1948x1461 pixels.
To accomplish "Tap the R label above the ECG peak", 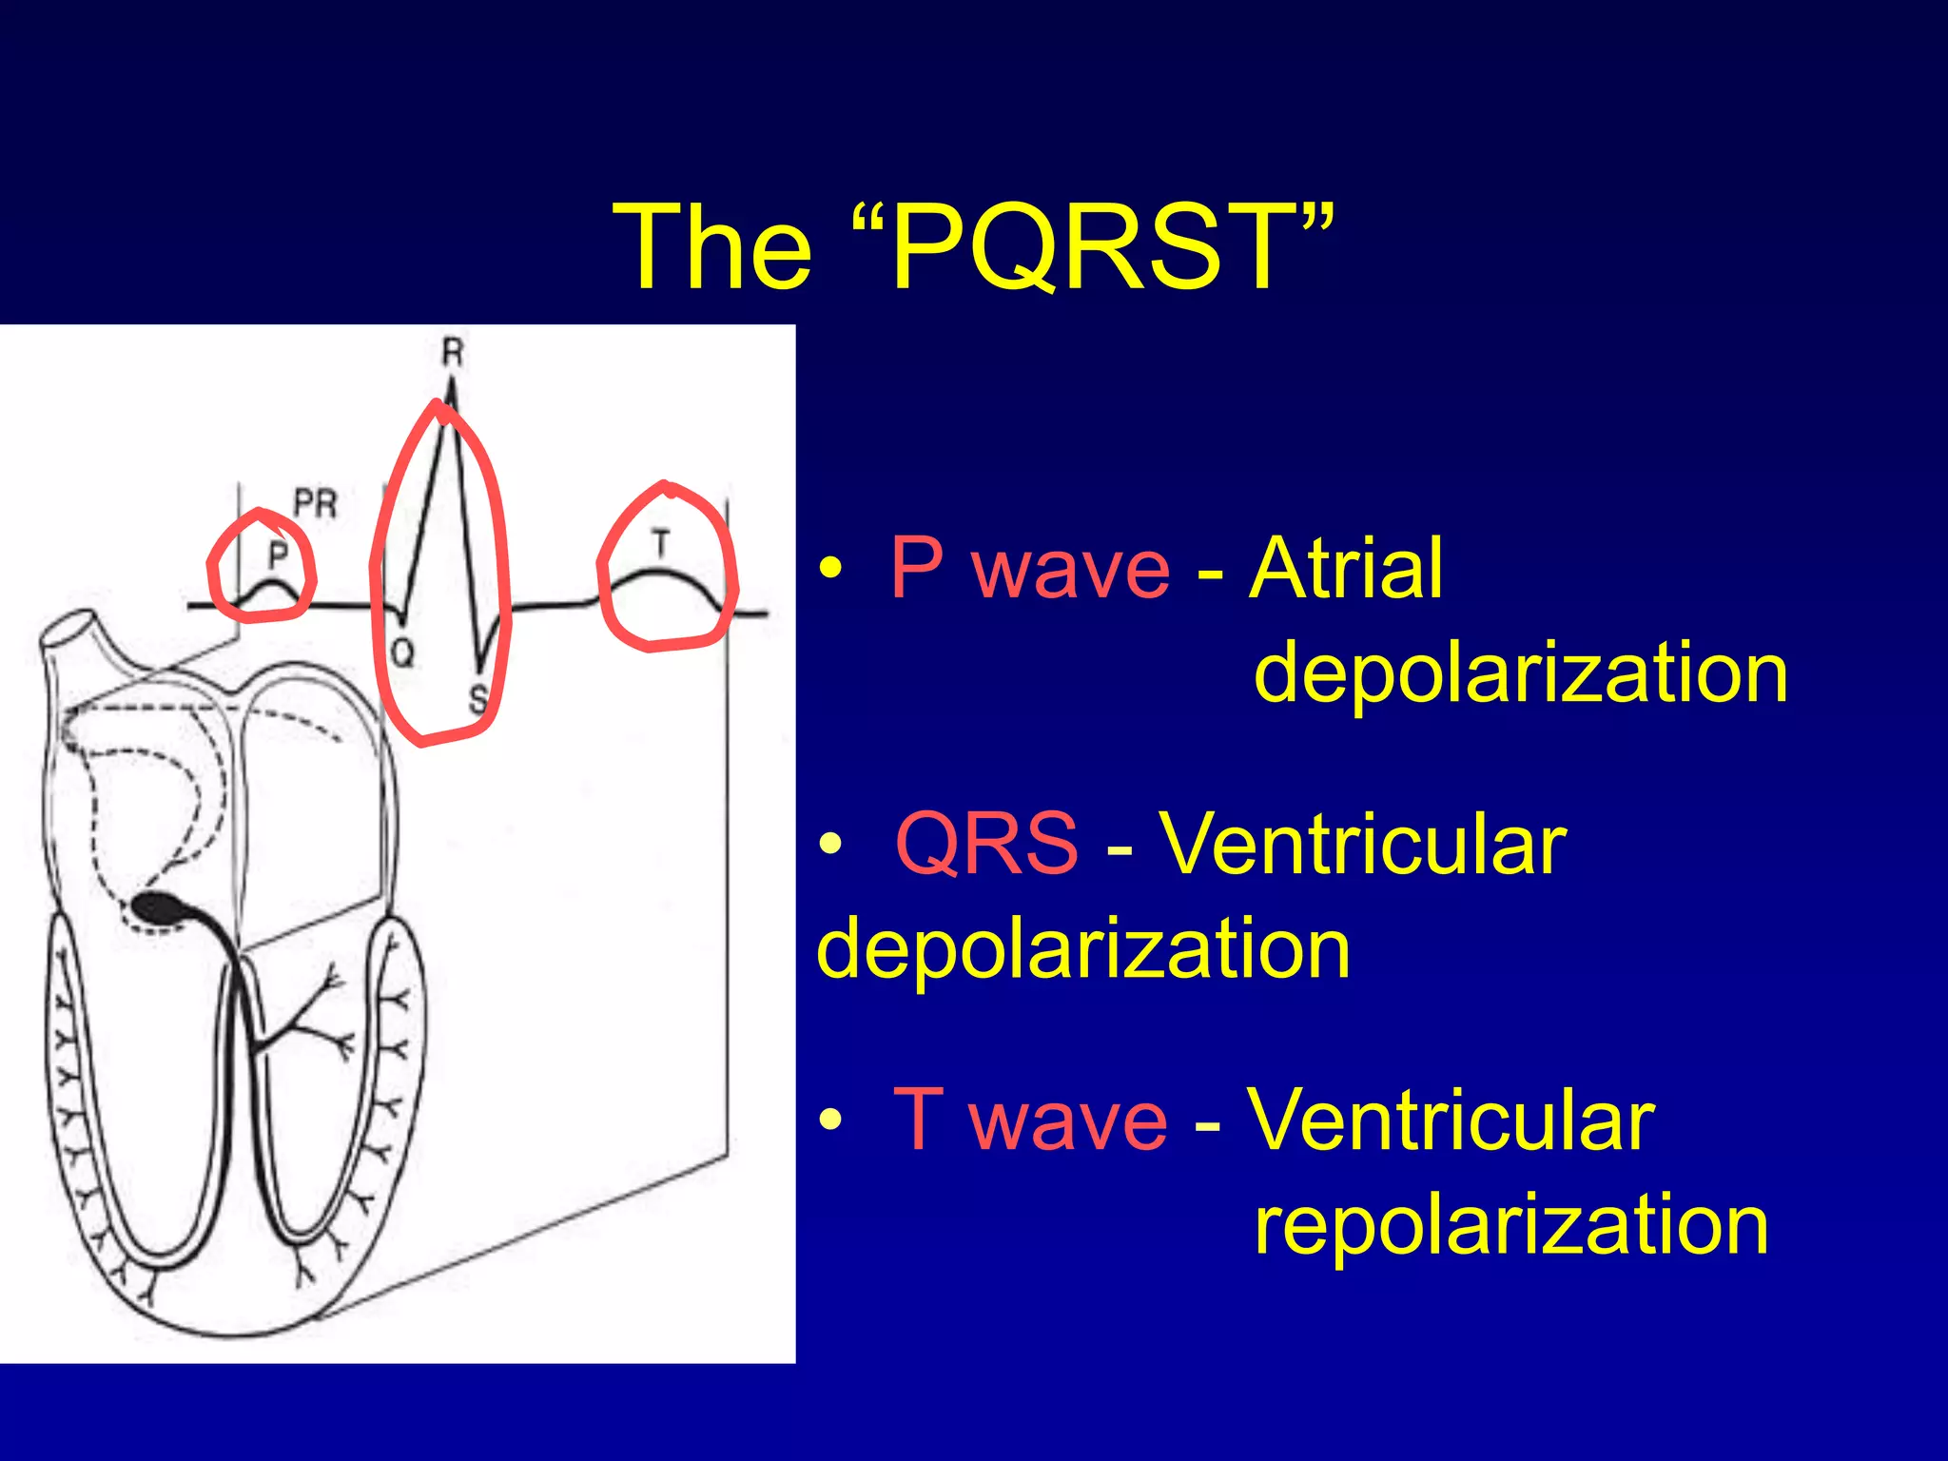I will coord(452,353).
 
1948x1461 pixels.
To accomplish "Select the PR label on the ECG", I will coord(315,503).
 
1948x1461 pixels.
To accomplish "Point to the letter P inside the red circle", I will coord(277,554).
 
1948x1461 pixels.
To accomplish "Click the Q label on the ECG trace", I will coord(403,653).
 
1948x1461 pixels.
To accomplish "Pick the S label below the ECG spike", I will coord(478,699).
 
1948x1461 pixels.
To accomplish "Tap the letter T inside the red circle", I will coord(661,544).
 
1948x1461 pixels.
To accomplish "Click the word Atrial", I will coord(1346,568).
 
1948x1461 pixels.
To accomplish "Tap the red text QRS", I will coord(986,843).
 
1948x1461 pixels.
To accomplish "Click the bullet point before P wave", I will coord(830,570).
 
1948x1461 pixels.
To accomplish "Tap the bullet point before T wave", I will coord(830,1120).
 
